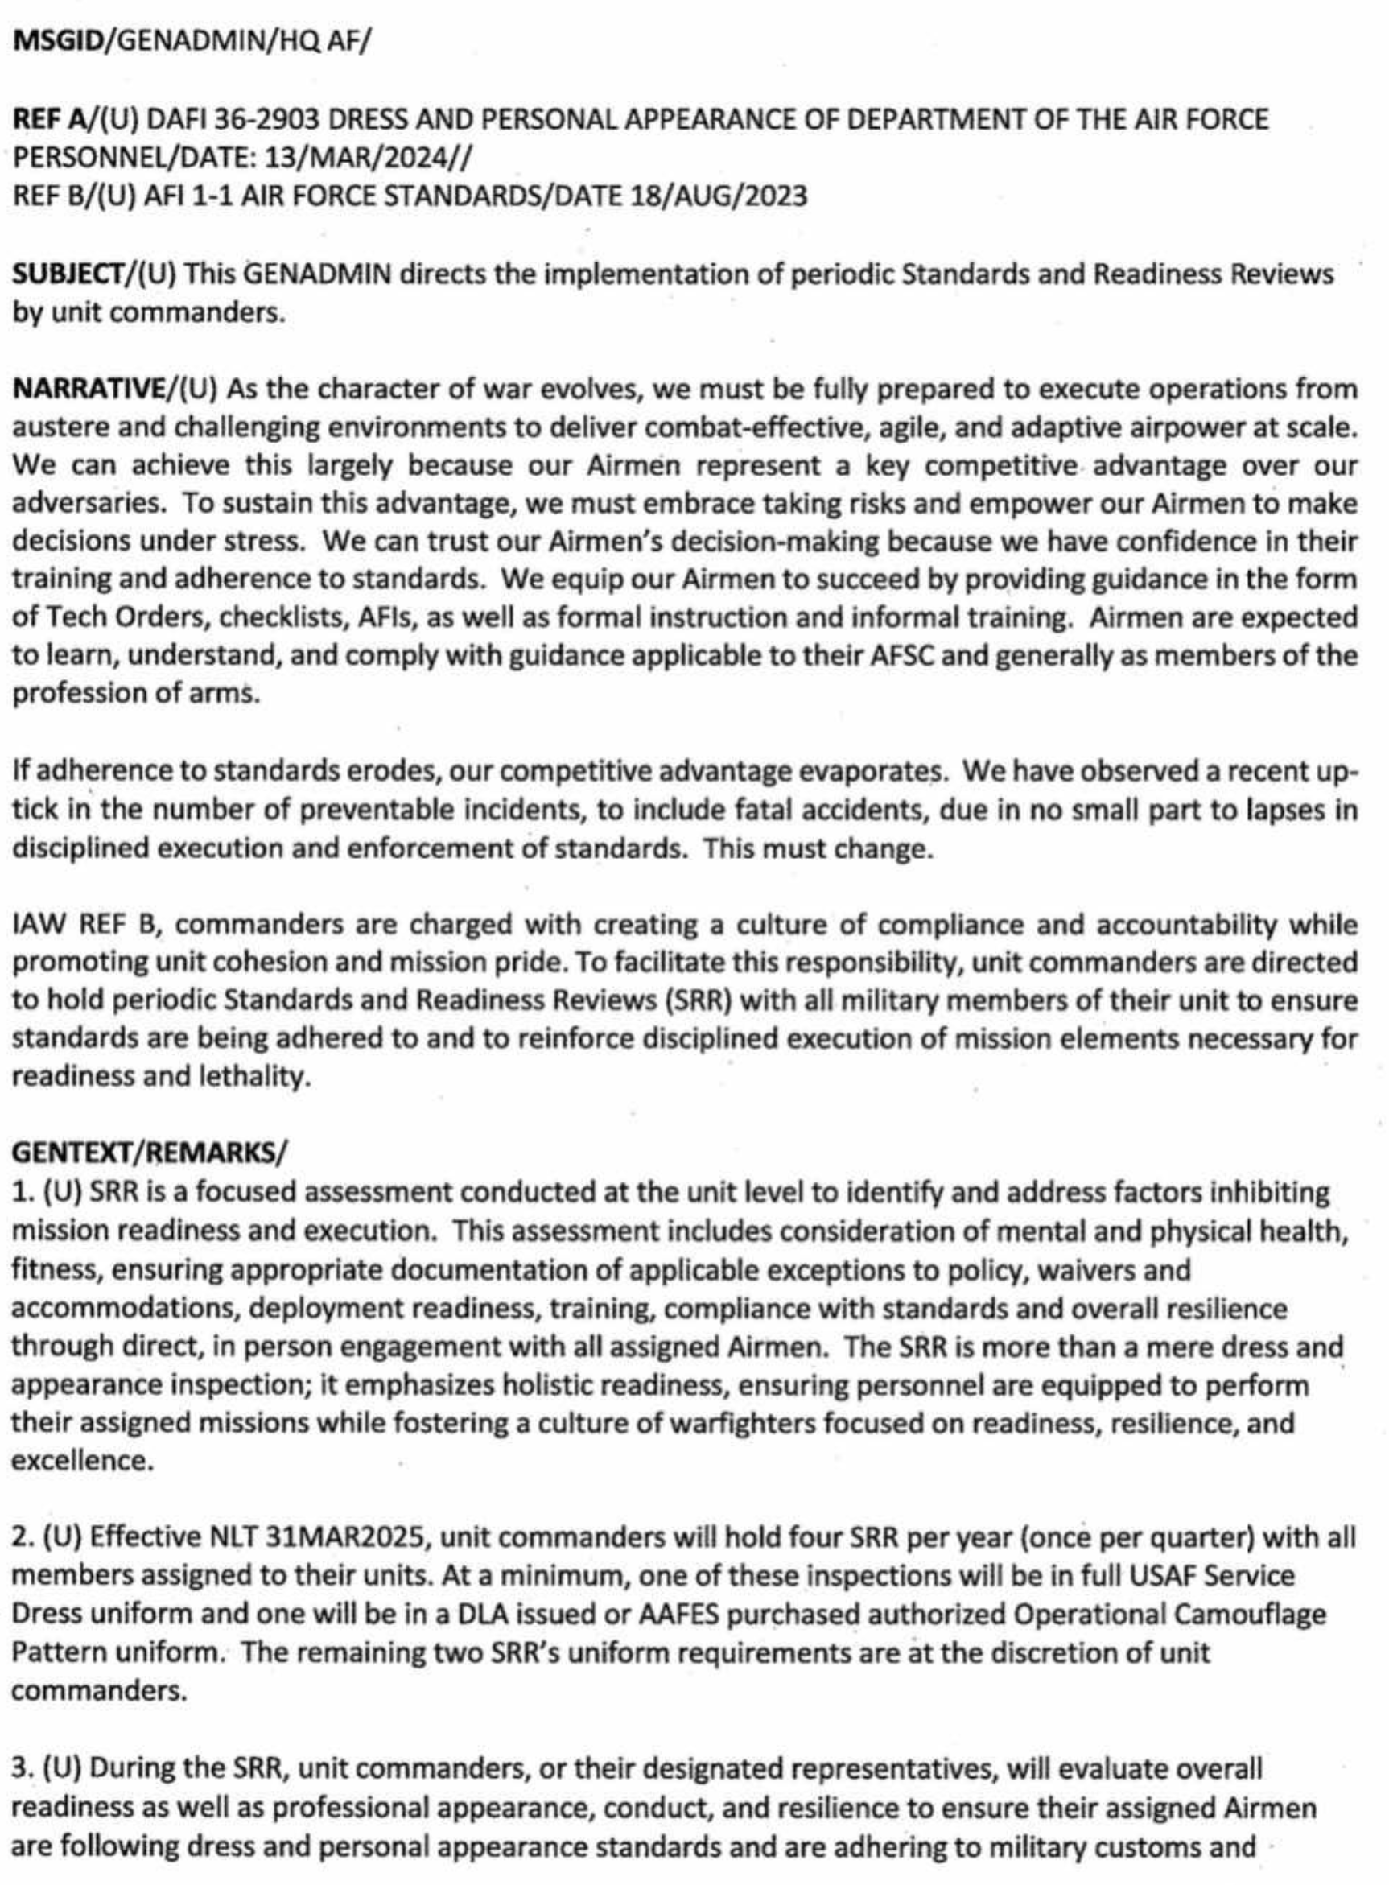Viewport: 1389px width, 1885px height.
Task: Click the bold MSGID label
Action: [56, 42]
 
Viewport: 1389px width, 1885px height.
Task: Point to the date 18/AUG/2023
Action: [715, 196]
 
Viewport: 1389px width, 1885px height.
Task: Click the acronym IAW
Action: [39, 924]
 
